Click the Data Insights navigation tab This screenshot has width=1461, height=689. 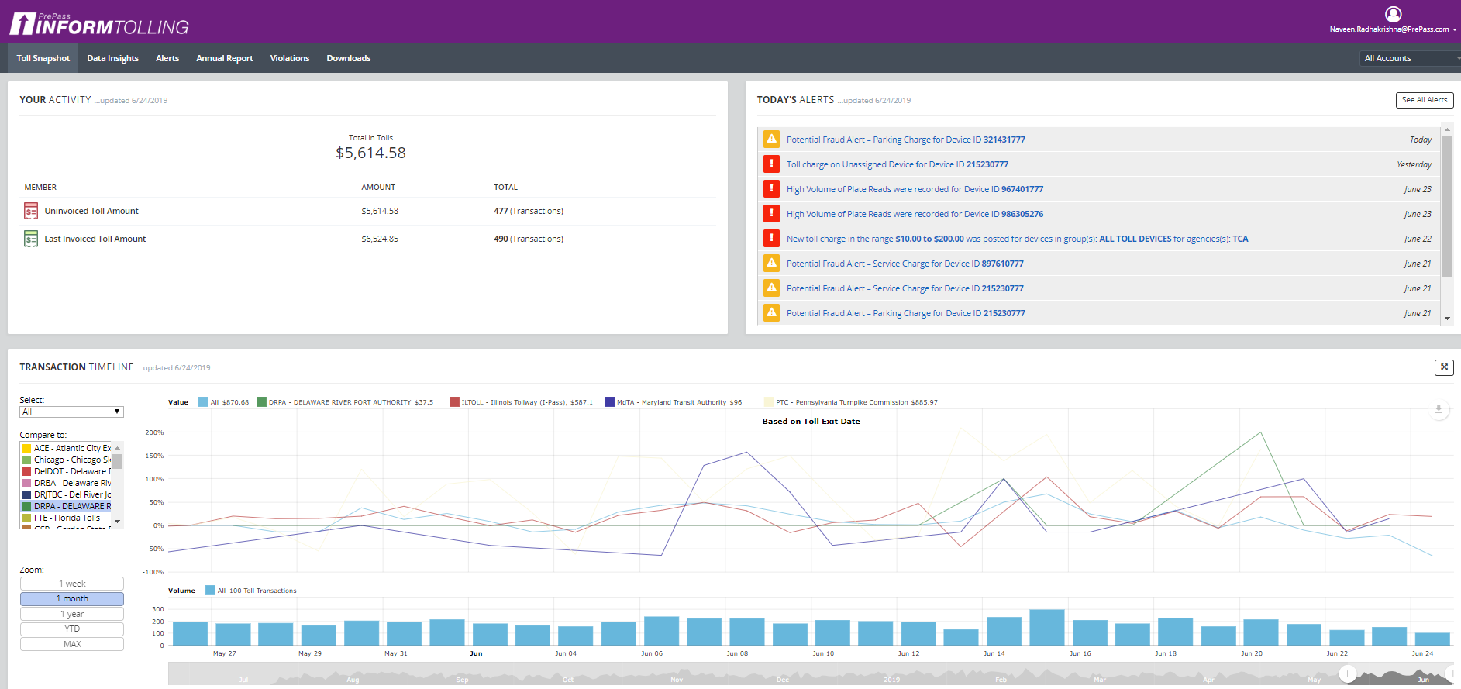(x=112, y=58)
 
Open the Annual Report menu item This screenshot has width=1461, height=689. (x=224, y=58)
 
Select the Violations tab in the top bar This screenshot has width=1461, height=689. (x=289, y=58)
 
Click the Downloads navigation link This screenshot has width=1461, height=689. (x=348, y=58)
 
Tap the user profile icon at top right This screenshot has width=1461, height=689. (x=1393, y=14)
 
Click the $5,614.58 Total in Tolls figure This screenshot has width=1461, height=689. (x=370, y=153)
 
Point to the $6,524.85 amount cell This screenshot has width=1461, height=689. (x=380, y=239)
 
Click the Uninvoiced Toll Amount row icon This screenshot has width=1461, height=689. (x=31, y=211)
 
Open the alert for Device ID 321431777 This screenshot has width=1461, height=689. (x=905, y=140)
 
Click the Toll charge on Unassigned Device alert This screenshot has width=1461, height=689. (x=897, y=164)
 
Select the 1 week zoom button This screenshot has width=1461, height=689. (x=72, y=584)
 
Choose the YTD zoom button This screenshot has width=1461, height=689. (x=72, y=629)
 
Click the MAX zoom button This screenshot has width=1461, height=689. (x=72, y=644)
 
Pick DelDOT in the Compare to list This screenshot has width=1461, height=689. (x=72, y=471)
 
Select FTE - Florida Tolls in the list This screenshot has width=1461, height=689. (x=67, y=518)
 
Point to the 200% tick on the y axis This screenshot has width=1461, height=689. (x=154, y=432)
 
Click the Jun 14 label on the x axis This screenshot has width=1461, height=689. (x=994, y=653)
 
